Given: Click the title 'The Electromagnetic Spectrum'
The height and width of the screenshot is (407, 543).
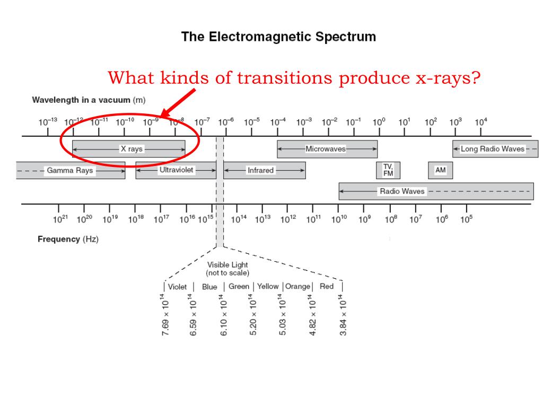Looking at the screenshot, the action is (x=278, y=37).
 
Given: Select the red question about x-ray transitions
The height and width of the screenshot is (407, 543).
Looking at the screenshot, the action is (x=294, y=78).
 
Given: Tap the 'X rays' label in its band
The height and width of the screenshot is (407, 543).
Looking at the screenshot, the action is (x=132, y=149).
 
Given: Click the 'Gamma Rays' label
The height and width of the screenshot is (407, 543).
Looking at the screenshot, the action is (x=69, y=171).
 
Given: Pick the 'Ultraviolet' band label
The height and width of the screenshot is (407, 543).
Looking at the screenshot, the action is (x=177, y=170).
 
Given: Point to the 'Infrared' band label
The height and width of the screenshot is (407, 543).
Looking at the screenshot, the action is (x=260, y=171).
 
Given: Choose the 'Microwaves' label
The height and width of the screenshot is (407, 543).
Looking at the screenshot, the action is (x=326, y=149).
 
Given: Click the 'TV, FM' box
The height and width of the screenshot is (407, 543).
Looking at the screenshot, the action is (x=388, y=170).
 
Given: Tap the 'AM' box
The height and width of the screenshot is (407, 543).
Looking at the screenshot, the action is (x=440, y=170).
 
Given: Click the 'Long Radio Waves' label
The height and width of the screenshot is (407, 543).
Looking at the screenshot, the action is (x=492, y=149).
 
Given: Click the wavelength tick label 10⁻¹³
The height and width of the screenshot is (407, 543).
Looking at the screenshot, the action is (x=48, y=122).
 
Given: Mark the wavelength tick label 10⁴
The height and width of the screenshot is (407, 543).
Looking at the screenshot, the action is (x=480, y=122).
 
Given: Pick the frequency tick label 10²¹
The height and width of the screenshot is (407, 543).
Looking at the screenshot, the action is (x=61, y=219).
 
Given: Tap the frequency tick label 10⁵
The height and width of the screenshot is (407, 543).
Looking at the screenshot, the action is (x=466, y=219).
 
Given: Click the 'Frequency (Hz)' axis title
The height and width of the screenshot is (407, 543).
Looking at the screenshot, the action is (x=68, y=239).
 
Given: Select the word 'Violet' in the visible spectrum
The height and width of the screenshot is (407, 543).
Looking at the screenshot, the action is (x=177, y=287).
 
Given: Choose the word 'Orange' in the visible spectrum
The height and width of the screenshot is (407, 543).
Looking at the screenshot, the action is (x=297, y=287).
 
